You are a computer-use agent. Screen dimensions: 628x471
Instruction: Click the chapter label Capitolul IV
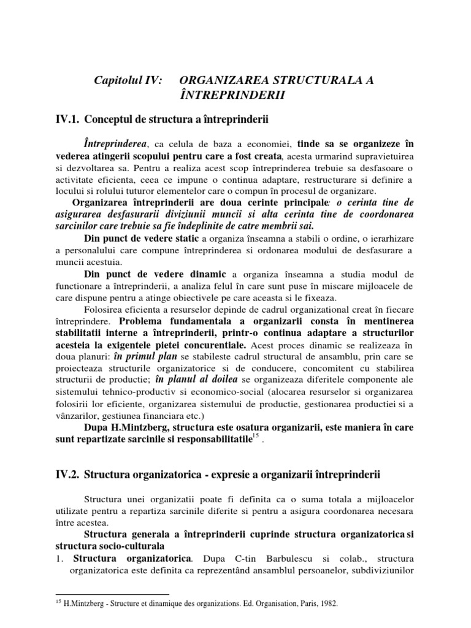click(128, 81)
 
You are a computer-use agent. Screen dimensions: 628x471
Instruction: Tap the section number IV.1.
click(66, 118)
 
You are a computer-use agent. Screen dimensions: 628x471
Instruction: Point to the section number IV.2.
click(66, 474)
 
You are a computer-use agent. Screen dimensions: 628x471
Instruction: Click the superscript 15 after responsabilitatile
click(256, 436)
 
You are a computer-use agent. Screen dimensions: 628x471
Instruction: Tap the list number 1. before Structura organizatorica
click(59, 559)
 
